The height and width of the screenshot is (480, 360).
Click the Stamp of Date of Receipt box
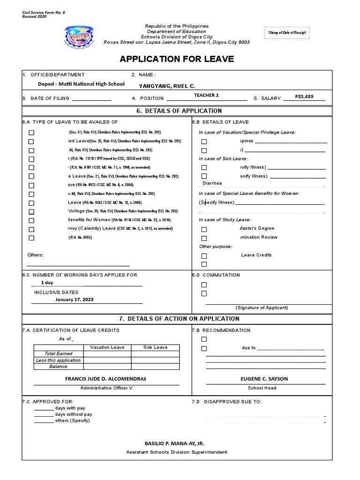(287, 32)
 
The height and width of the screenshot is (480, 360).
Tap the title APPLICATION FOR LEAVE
(177, 59)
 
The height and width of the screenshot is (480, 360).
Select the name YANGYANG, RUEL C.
(167, 86)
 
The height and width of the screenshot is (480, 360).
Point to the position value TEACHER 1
(206, 95)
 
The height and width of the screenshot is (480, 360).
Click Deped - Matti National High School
(81, 84)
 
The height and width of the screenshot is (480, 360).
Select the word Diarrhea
(212, 183)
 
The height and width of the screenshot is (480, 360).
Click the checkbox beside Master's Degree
(204, 230)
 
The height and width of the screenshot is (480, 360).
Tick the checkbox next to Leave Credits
(204, 256)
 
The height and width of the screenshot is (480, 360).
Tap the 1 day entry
(47, 283)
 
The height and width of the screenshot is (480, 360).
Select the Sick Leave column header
(155, 347)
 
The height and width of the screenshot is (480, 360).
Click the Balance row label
(58, 367)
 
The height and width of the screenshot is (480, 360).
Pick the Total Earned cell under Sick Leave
(155, 354)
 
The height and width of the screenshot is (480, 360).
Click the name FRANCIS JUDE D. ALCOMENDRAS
(105, 379)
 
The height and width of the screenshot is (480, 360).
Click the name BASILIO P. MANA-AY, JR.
(174, 443)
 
